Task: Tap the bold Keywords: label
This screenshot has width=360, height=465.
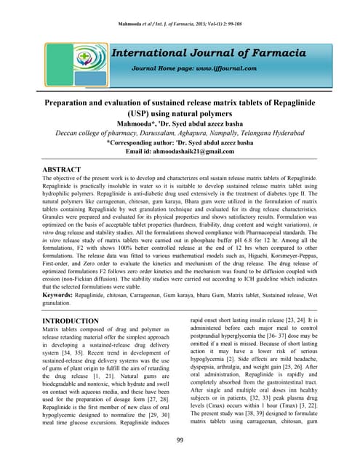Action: click(62, 297)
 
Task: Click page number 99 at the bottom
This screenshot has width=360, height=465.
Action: click(180, 440)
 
